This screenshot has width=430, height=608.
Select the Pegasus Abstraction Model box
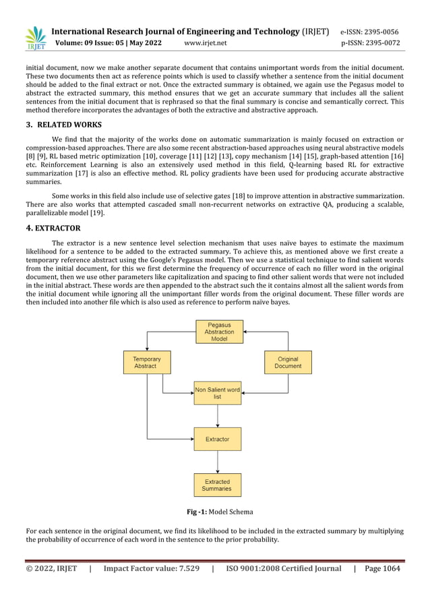coord(219,332)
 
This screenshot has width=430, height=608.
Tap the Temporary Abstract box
coord(146,363)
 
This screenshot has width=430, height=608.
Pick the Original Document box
coord(288,363)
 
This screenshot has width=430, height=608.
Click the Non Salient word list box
coord(217,393)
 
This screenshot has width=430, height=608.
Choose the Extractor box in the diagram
coord(217,439)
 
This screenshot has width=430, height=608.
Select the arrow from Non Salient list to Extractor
coord(218,416)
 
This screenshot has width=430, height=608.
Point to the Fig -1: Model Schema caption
coord(215,512)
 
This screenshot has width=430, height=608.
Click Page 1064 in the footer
coord(382,568)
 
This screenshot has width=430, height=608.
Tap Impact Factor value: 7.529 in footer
coord(151,568)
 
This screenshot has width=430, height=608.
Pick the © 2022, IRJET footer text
coord(51,568)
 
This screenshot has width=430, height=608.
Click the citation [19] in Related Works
coord(98,213)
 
